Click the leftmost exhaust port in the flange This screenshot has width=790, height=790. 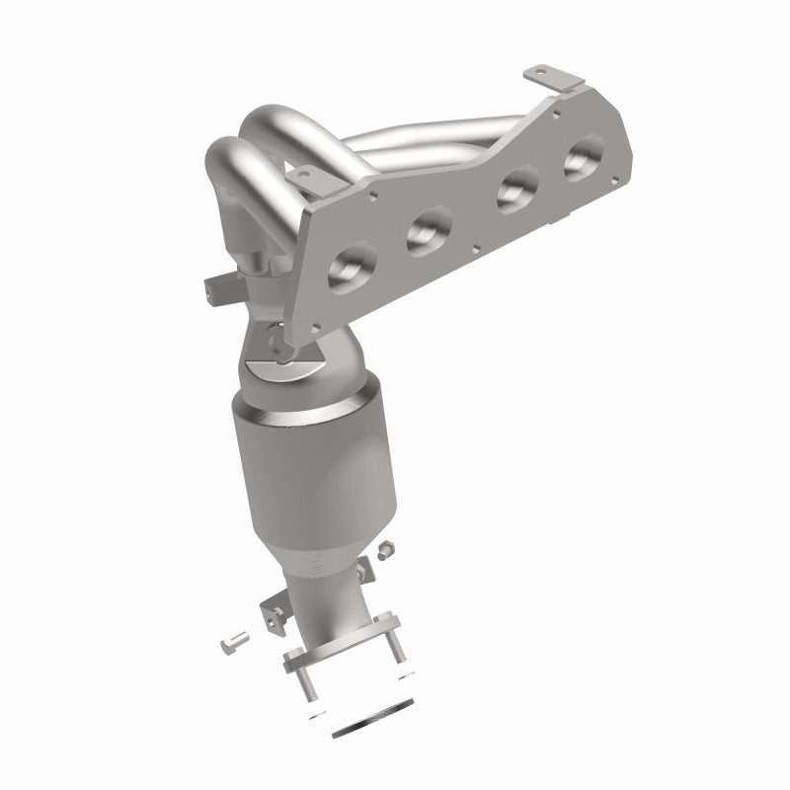coord(353,267)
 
